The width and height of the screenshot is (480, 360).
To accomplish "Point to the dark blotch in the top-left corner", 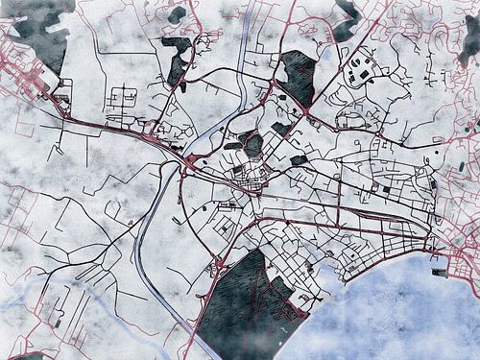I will (x=38, y=29).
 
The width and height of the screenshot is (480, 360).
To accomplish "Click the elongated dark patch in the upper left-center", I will (x=178, y=62).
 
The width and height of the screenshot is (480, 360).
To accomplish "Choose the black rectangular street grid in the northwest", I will (x=123, y=100).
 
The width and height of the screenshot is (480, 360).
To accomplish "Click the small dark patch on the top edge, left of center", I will (x=177, y=14).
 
